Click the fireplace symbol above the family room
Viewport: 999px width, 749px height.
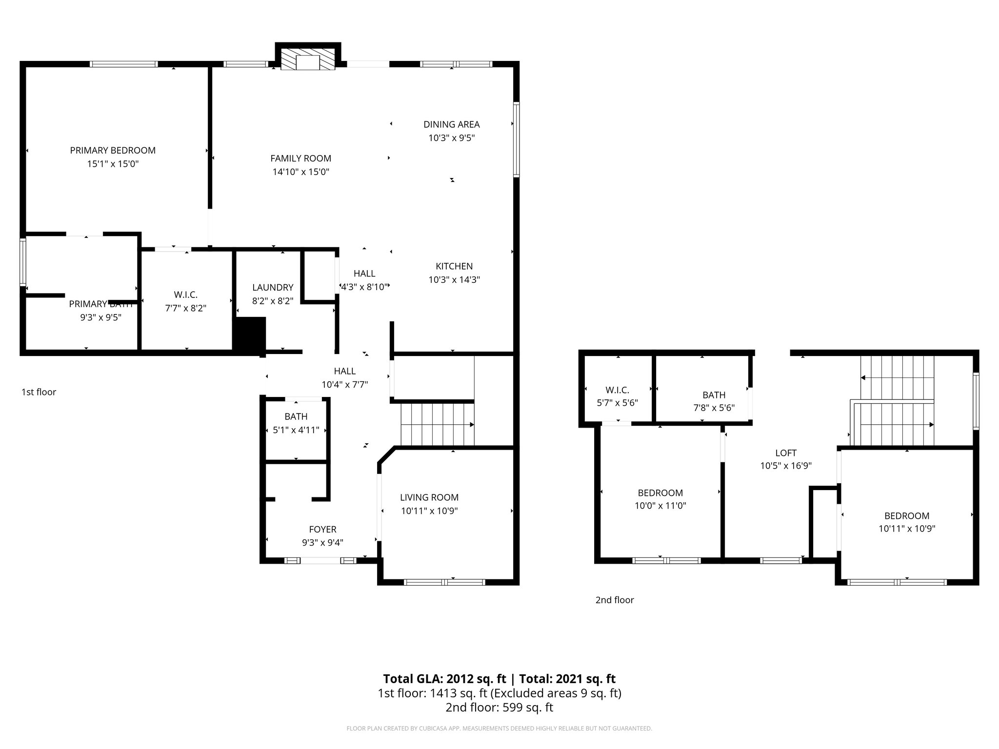[308, 58]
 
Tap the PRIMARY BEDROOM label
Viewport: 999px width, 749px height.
[113, 150]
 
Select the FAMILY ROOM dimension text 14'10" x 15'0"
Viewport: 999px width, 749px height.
[301, 172]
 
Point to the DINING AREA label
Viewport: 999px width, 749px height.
[451, 124]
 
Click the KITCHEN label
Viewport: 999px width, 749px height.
[454, 266]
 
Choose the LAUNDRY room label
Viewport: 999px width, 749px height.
[273, 288]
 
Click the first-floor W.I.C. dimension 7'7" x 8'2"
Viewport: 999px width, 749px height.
[185, 308]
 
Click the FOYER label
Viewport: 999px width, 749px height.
[322, 529]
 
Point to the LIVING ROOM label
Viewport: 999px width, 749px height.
[429, 497]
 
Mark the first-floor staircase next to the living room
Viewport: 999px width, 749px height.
[437, 424]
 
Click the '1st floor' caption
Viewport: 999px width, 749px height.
[39, 392]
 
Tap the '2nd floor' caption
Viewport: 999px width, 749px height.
[614, 600]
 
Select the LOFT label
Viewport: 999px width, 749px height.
[785, 453]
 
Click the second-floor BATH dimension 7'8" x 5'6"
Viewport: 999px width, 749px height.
[714, 408]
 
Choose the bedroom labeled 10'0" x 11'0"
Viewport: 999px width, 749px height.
[660, 499]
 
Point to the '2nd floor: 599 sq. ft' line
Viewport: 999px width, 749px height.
[499, 707]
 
